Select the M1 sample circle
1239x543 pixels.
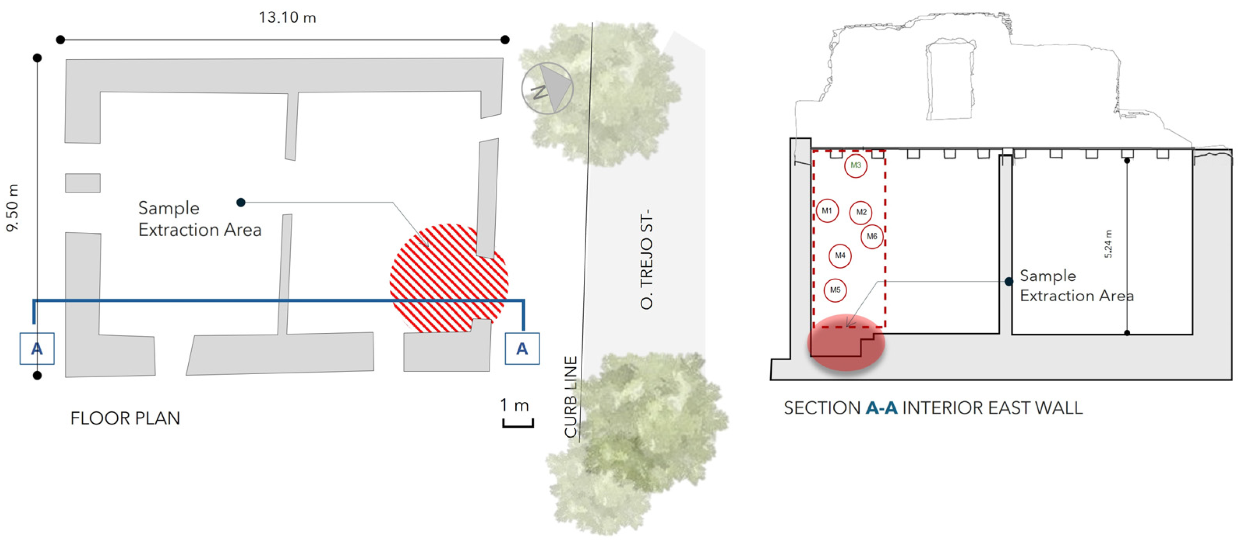(827, 210)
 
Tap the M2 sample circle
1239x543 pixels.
(861, 212)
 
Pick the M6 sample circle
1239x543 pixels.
(872, 236)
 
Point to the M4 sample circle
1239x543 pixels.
(840, 255)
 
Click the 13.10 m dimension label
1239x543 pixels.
(287, 18)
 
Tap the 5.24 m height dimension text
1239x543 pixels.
(1108, 244)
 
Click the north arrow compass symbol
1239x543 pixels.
(547, 88)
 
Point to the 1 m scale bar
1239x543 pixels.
(518, 414)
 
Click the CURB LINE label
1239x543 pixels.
(571, 397)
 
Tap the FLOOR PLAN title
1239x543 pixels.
(125, 418)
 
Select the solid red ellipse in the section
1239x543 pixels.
(846, 342)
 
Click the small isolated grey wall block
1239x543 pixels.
(83, 183)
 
